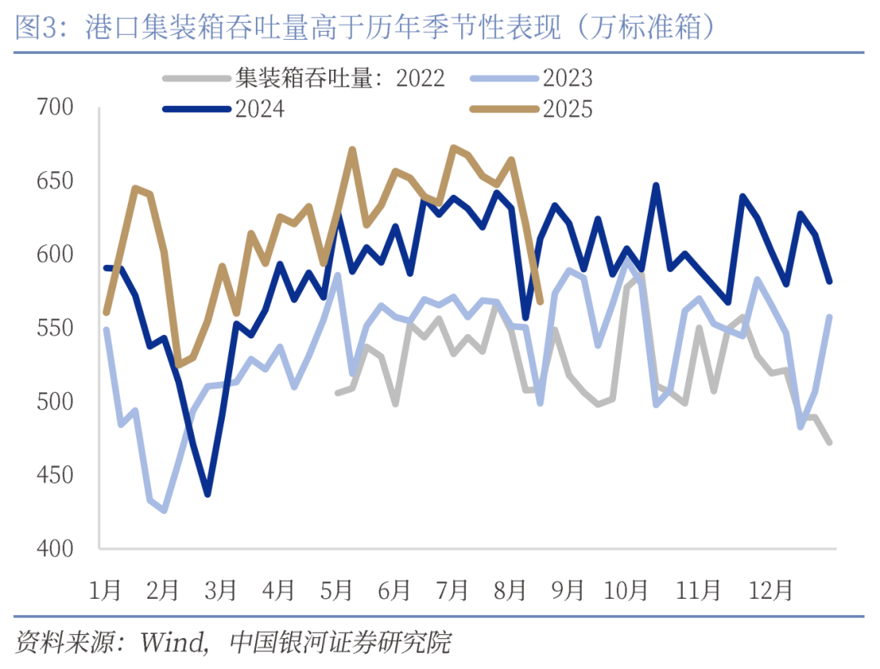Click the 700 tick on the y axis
click(56, 108)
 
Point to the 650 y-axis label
click(56, 181)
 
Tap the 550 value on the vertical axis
click(56, 328)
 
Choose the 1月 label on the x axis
click(104, 588)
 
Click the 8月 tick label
click(510, 588)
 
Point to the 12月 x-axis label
click(770, 588)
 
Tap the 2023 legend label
click(568, 78)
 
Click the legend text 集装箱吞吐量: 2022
click(340, 78)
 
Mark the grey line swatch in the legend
click(196, 78)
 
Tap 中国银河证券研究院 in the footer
click(341, 643)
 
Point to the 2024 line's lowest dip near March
click(208, 494)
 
